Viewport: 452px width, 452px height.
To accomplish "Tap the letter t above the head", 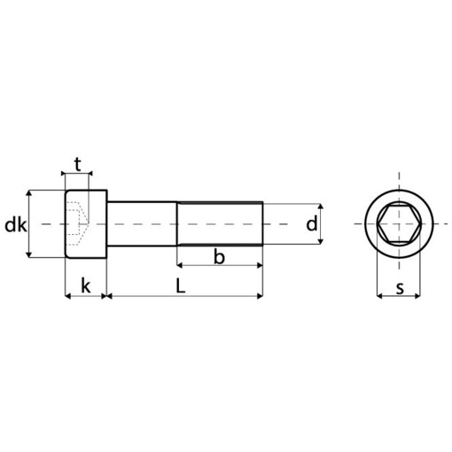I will coord(78,163).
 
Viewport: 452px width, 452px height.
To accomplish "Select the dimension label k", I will coord(85,285).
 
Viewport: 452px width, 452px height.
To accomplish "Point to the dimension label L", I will coord(180,285).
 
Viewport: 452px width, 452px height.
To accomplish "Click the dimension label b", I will coord(220,256).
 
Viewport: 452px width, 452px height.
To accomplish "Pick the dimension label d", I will coord(312,224).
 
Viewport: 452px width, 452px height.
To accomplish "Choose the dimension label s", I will coord(400,287).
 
